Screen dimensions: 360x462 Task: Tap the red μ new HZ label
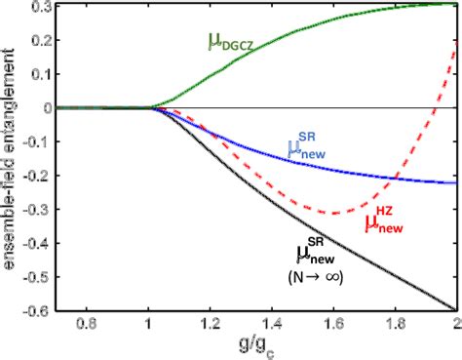383,220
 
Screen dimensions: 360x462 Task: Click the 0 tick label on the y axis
43,107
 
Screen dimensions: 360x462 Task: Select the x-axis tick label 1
148,323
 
